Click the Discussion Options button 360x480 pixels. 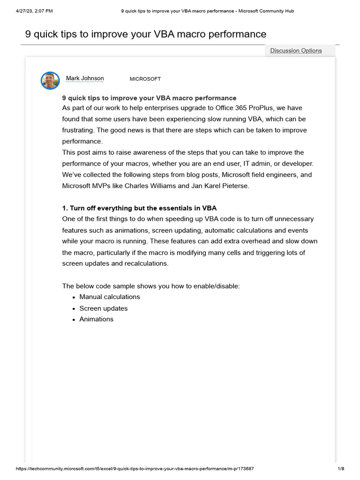coord(296,51)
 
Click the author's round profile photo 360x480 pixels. coord(50,81)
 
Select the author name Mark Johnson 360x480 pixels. coord(85,78)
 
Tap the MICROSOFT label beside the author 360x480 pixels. coord(145,79)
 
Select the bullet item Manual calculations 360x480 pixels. coord(110,297)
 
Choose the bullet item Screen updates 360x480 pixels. coord(104,308)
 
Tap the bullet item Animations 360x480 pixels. coord(97,319)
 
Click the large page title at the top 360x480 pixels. coord(145,34)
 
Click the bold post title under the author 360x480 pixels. coord(150,98)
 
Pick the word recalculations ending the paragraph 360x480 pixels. coord(146,263)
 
